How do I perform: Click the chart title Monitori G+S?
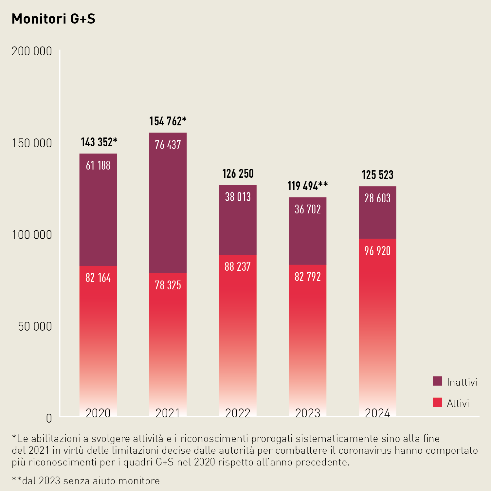point(53,19)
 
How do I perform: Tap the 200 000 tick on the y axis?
point(32,51)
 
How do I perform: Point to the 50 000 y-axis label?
point(35,327)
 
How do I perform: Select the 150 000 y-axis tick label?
point(32,143)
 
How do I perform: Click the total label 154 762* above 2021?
point(168,121)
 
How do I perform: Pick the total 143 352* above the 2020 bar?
point(99,142)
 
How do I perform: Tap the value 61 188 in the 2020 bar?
point(98,166)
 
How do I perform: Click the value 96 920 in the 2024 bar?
point(377,251)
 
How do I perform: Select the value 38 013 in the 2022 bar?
point(238,197)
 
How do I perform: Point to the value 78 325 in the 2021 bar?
point(168,285)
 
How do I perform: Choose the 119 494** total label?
point(307,186)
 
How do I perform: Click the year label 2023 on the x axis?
point(307,413)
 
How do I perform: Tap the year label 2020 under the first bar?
point(98,413)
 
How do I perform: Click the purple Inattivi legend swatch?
point(437,381)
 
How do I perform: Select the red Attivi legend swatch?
point(437,403)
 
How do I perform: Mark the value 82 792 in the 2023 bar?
point(307,277)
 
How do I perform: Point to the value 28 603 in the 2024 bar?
point(377,198)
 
